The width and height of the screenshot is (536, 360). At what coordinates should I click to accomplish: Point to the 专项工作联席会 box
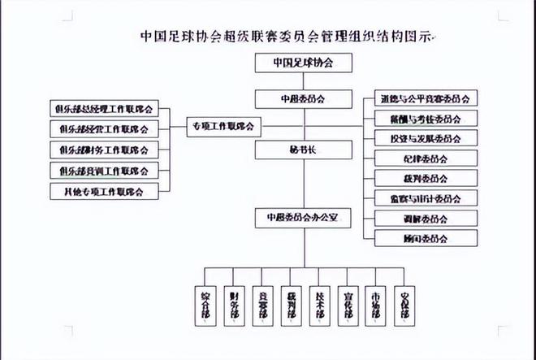tap(223, 126)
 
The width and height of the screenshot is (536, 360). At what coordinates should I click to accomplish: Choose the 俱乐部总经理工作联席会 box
tap(103, 109)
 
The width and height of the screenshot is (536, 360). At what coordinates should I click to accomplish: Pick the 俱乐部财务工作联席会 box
tap(103, 150)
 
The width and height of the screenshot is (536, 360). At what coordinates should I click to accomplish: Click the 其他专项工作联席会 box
tap(103, 192)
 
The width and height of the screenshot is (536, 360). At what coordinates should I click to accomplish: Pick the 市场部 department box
tap(374, 302)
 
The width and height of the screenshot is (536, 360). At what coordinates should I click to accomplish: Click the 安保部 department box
tap(403, 302)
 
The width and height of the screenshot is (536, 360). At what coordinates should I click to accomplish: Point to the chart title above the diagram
tap(287, 36)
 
